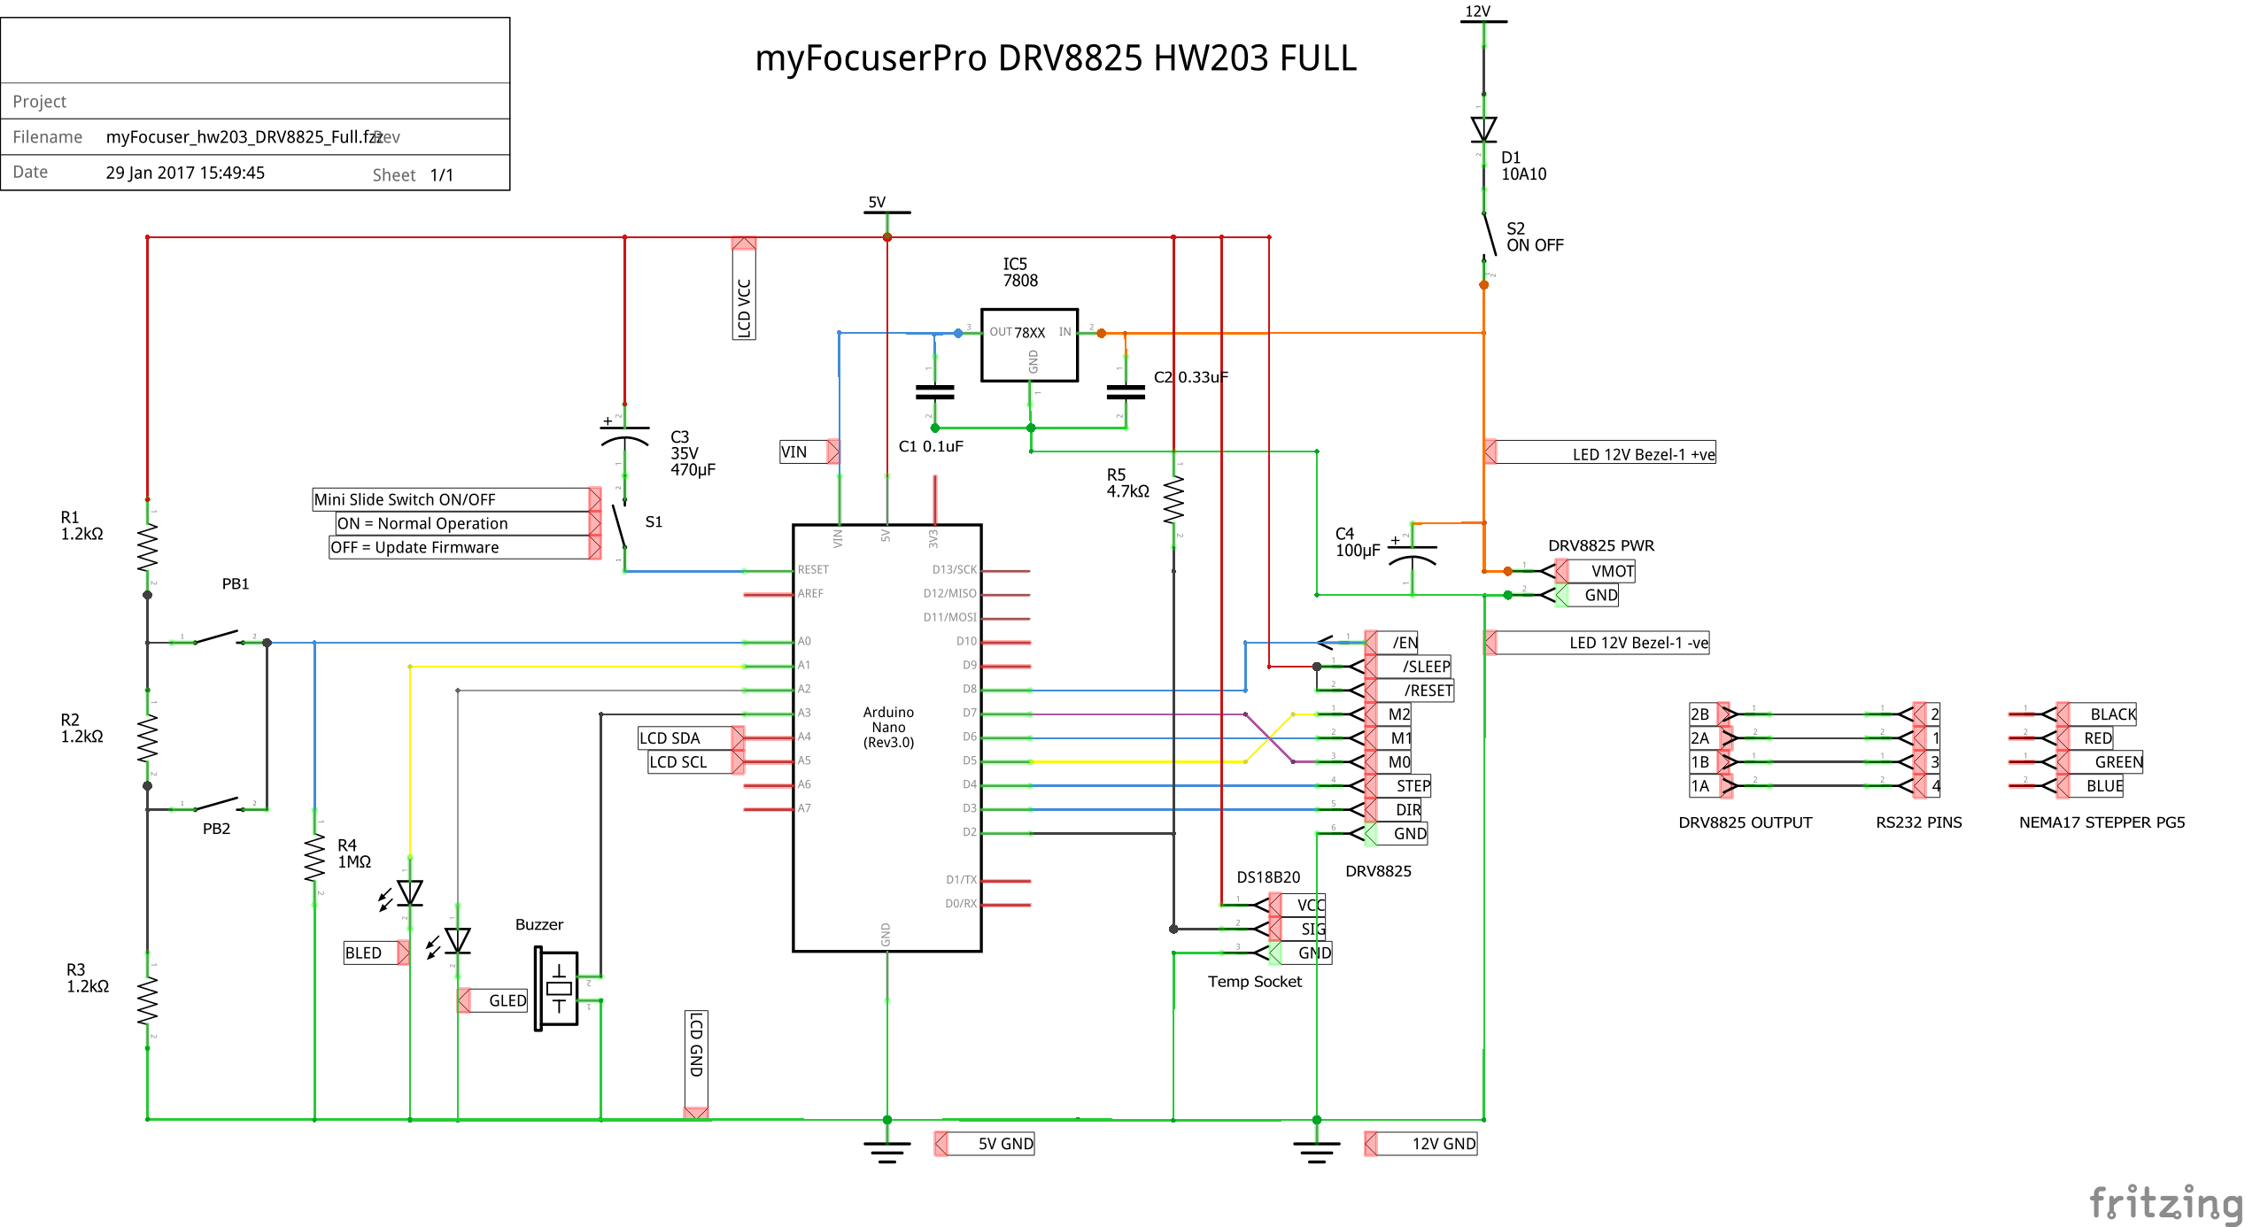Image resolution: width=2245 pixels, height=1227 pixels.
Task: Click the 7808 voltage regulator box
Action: tap(1029, 345)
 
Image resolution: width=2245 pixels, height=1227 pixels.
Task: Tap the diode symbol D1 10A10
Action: tap(1483, 129)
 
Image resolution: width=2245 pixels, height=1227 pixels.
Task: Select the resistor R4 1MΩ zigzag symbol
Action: tap(314, 858)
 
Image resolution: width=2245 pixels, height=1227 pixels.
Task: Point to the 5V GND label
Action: tap(1005, 1144)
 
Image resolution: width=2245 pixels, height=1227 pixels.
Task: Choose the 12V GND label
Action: tap(1444, 1144)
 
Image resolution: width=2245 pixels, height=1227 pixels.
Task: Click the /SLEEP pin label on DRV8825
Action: tap(1426, 667)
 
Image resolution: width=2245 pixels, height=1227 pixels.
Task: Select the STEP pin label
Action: tap(1413, 786)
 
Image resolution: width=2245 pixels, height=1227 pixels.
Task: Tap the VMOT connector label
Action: tap(1612, 571)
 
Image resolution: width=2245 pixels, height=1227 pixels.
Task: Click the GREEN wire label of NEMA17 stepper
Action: tap(2117, 762)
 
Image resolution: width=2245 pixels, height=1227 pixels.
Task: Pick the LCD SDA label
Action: tap(670, 738)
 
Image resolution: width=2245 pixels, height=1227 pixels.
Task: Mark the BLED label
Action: tap(363, 953)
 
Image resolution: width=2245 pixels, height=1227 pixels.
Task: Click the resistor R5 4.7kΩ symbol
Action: tap(1173, 500)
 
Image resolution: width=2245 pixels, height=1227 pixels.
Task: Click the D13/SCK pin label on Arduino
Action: tap(954, 570)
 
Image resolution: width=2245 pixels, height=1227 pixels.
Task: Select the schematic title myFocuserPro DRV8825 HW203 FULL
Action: tap(1055, 58)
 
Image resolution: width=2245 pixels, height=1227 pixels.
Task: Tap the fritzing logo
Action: tap(2164, 1203)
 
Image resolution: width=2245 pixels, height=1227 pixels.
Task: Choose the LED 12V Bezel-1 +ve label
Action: tap(1643, 454)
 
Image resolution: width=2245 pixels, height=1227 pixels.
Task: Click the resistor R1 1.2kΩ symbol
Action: tap(147, 547)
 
